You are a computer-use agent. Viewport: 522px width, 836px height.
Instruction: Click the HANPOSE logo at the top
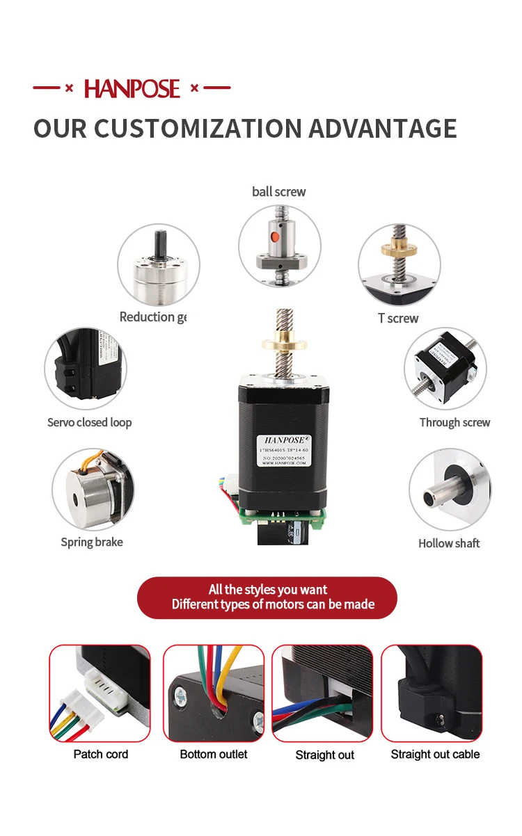(x=132, y=88)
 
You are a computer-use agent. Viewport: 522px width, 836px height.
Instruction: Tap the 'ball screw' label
(x=278, y=191)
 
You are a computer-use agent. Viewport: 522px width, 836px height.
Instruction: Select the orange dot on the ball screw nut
(x=275, y=237)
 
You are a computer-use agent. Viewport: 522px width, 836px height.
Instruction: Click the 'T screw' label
(x=398, y=319)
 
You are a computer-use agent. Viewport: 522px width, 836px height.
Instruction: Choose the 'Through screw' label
(x=454, y=422)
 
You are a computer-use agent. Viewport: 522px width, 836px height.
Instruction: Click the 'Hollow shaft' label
(x=449, y=543)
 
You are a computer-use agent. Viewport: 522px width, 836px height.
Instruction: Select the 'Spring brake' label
(x=91, y=542)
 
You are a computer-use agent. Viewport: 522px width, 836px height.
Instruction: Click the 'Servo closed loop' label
(x=89, y=422)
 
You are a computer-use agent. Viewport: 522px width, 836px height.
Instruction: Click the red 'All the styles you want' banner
(x=267, y=597)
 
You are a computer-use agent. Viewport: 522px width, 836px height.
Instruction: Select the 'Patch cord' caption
(x=101, y=754)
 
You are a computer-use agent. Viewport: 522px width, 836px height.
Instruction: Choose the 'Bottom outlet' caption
(x=214, y=754)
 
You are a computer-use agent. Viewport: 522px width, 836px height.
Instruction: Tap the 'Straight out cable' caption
(x=435, y=754)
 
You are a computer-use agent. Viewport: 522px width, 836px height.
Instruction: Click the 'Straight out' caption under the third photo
(x=325, y=755)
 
